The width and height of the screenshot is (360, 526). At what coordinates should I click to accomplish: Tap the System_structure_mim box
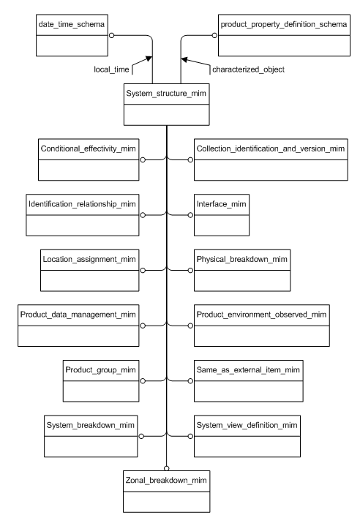coord(167,105)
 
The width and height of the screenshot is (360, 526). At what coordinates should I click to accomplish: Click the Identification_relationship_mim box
coord(89,214)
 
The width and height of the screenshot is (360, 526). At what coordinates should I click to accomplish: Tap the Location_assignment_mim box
coord(89,270)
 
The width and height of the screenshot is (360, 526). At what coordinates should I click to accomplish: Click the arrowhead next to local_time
coord(148,60)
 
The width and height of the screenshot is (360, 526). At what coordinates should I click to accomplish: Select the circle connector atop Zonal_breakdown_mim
coord(167,469)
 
